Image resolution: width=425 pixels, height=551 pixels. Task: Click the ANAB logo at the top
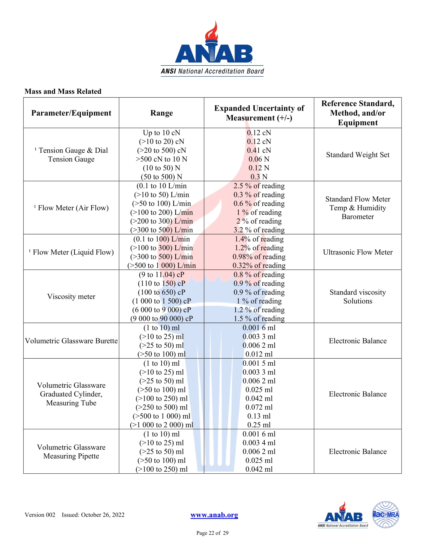pos(212,49)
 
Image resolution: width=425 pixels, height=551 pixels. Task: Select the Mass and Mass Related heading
pos(63,91)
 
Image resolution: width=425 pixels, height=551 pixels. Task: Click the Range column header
pos(161,113)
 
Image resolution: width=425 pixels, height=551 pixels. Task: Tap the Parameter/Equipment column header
pos(71,113)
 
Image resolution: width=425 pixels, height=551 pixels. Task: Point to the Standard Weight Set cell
pos(357,155)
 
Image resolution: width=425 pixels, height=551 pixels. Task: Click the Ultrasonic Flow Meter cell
pos(357,252)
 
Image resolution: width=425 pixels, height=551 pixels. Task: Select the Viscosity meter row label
pos(71,297)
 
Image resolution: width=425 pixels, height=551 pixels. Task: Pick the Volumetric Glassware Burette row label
pos(71,341)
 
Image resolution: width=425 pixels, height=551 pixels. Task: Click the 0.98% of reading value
pos(259,256)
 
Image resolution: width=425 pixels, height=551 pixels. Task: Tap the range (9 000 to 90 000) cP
pos(161,319)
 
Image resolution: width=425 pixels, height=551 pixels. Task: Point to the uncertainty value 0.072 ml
pos(259,407)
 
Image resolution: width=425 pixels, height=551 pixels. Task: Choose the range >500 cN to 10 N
pos(161,159)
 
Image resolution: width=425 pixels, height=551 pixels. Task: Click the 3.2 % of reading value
pos(259,230)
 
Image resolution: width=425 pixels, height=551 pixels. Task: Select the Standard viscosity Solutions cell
pos(357,297)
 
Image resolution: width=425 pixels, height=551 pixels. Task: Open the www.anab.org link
pos(214,515)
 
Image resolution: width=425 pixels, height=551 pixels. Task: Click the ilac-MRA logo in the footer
pos(385,515)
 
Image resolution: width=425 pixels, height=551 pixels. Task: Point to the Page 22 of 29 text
pos(212,533)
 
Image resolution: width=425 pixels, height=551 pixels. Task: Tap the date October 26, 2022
pos(102,515)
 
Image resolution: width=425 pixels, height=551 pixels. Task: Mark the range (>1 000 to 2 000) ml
pos(161,425)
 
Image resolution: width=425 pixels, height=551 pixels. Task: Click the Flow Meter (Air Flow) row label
pos(71,208)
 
